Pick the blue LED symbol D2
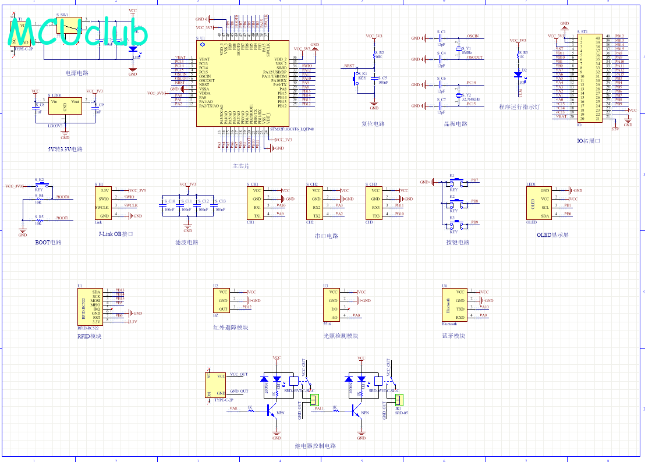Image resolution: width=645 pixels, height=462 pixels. click(518, 74)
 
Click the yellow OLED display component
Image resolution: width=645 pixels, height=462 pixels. click(538, 203)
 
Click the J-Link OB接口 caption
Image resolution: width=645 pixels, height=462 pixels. click(116, 234)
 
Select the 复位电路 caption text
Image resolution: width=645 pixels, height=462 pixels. click(373, 124)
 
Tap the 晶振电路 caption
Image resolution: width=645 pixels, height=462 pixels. click(455, 124)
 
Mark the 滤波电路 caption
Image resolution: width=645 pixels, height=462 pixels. click(187, 242)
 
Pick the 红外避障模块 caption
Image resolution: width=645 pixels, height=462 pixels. click(231, 328)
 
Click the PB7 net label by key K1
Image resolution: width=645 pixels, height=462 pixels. click(474, 180)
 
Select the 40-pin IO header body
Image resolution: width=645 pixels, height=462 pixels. click(590, 77)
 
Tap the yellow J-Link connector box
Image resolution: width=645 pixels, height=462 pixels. click(103, 202)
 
